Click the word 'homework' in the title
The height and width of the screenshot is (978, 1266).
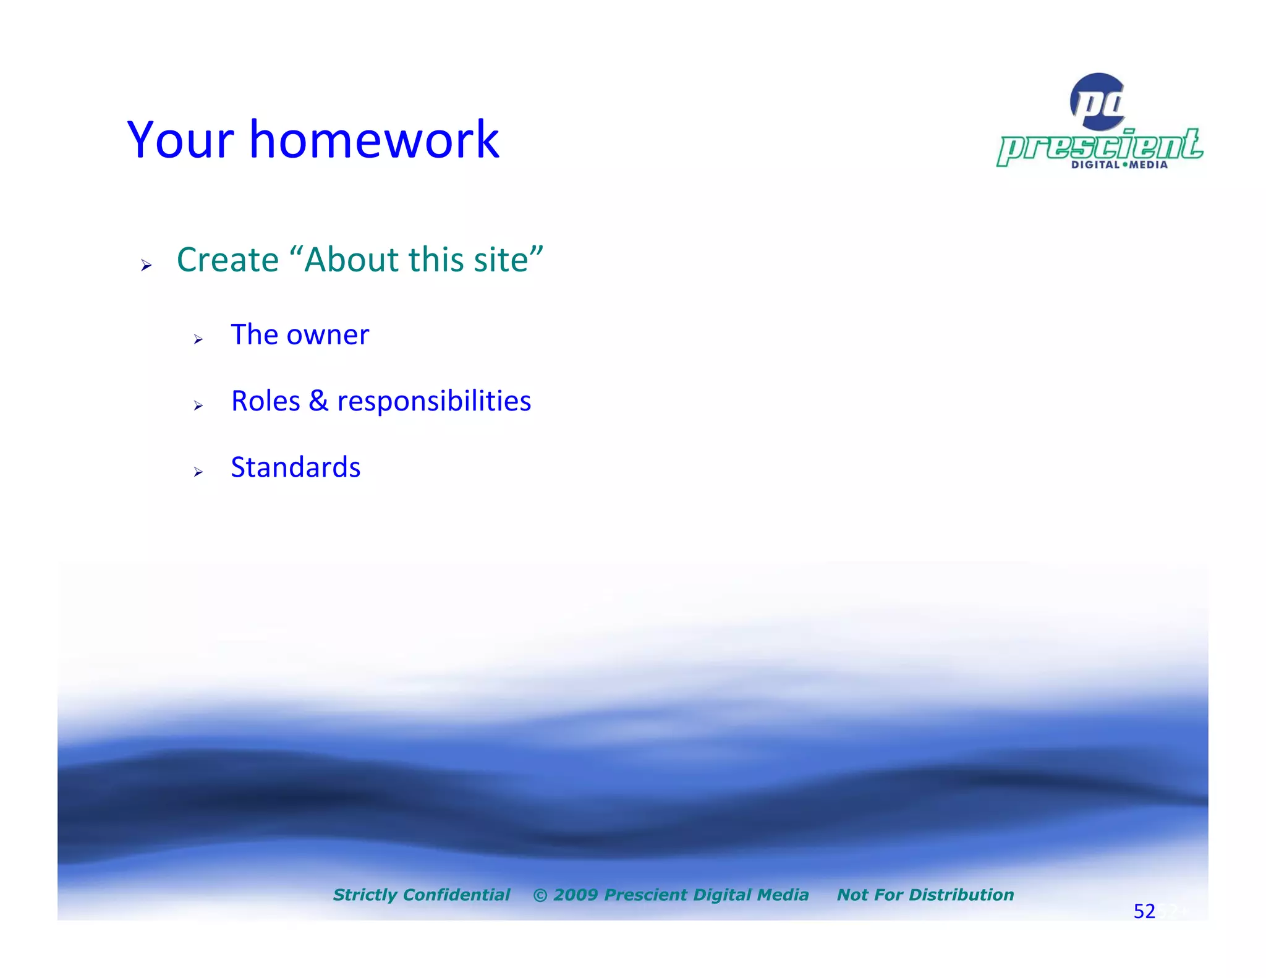(x=374, y=140)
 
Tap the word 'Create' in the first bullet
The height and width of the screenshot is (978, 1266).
(x=227, y=260)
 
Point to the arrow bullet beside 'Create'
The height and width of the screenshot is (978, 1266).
(x=146, y=266)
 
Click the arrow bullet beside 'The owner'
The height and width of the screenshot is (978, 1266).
(x=198, y=339)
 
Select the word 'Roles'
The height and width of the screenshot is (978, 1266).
(x=265, y=401)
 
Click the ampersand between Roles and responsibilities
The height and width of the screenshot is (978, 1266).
(x=318, y=401)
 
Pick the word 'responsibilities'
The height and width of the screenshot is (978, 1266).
(x=434, y=402)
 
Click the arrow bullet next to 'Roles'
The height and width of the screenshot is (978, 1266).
(x=198, y=406)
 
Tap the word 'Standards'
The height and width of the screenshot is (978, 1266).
(x=295, y=467)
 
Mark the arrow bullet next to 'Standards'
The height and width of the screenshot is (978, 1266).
(x=198, y=472)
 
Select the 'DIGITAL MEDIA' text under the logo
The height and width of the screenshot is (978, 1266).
(x=1119, y=165)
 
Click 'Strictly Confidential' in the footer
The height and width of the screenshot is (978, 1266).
(x=422, y=895)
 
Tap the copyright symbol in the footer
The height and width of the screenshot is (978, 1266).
(x=540, y=895)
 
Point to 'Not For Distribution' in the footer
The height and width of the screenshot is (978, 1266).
(x=925, y=895)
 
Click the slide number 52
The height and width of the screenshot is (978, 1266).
(x=1144, y=911)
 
